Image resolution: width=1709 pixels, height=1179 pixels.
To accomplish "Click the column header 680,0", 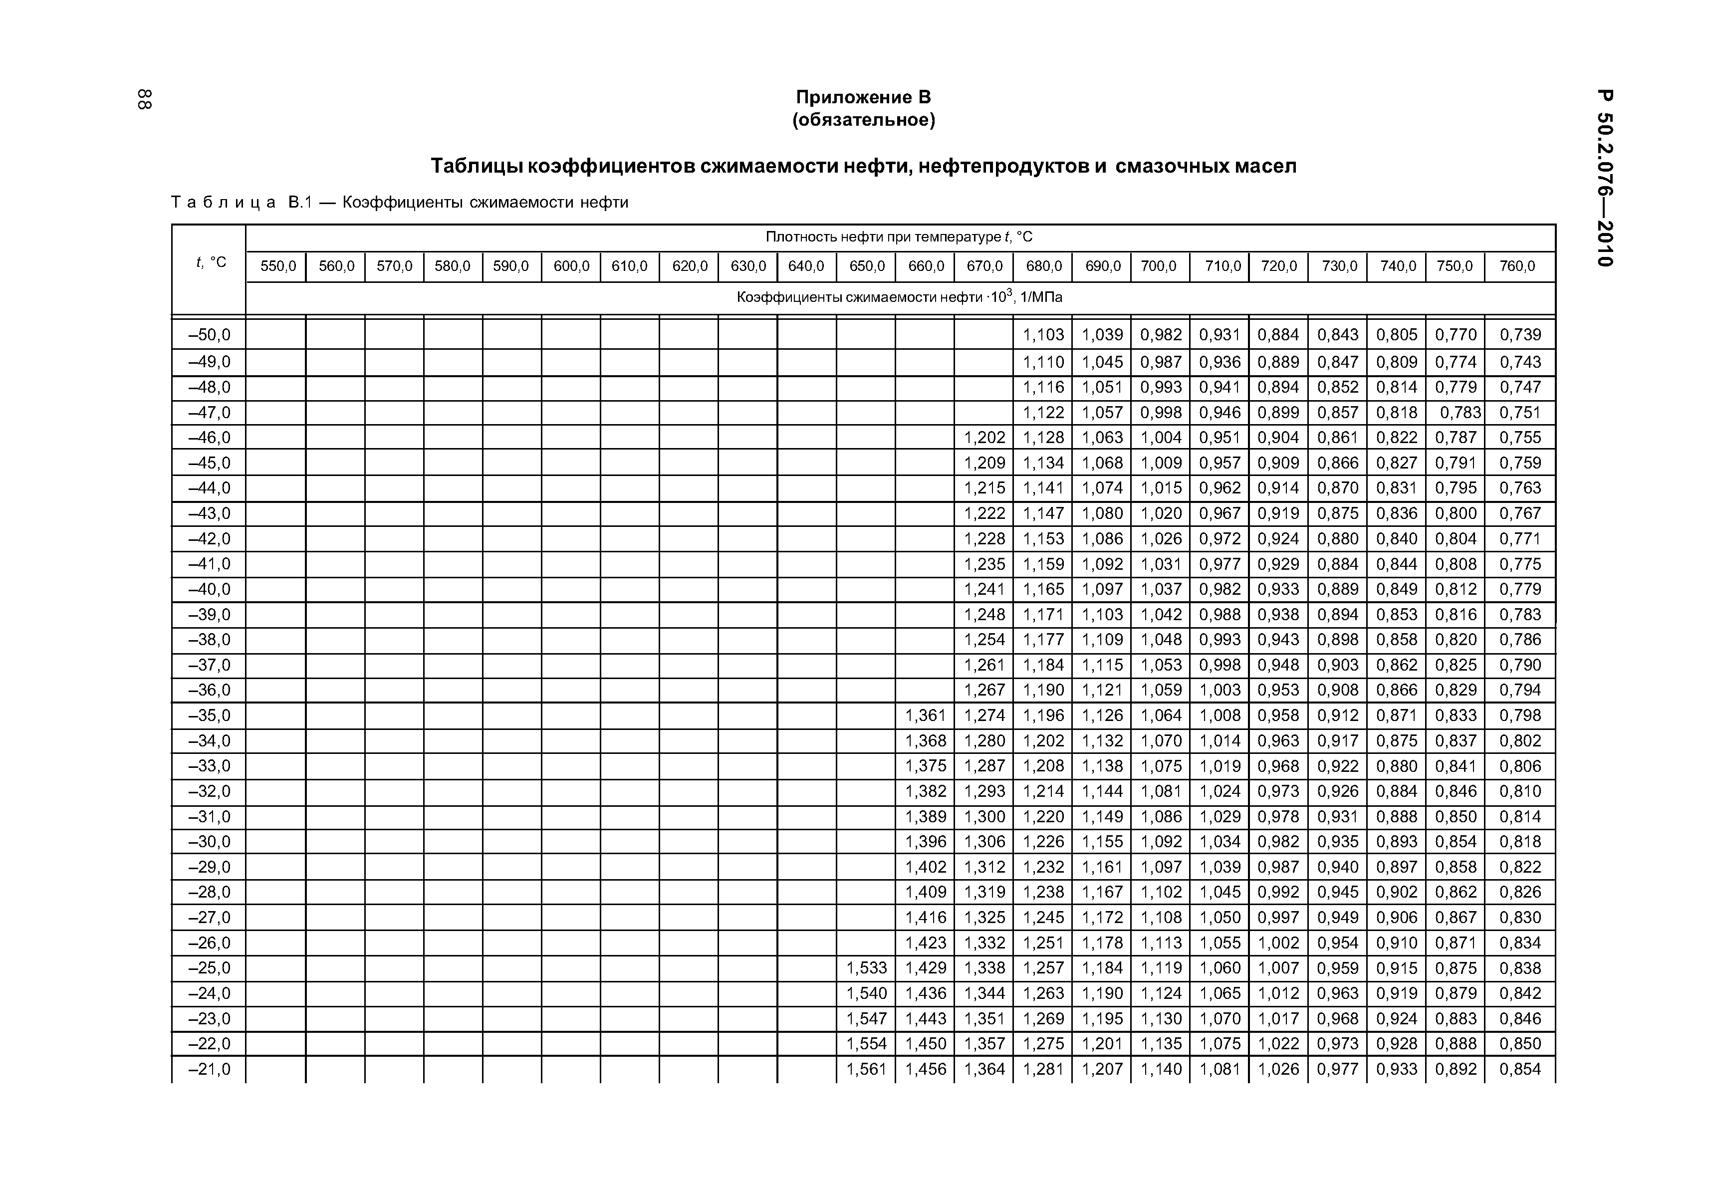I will (1043, 266).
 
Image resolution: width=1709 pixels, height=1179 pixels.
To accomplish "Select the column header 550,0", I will (278, 266).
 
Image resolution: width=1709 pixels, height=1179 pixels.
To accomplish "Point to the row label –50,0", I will (210, 335).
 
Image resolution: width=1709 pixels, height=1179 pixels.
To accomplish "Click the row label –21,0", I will (210, 1069).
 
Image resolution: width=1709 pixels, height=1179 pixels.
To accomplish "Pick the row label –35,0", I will (210, 715).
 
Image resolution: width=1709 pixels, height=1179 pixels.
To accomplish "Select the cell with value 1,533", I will (866, 968).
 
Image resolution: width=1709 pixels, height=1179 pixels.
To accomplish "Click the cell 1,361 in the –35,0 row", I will (926, 715).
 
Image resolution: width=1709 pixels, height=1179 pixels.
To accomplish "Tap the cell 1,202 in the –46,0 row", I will (984, 438).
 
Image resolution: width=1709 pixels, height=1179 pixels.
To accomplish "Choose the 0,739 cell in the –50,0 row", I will (1520, 335).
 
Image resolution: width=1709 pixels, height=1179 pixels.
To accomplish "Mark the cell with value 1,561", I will (866, 1069).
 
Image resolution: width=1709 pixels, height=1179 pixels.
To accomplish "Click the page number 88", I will (145, 100).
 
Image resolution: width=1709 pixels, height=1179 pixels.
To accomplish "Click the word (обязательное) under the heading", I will (863, 120).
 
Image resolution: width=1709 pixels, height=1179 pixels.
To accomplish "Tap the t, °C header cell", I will (211, 262).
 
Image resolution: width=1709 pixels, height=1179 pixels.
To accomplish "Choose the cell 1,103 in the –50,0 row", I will (1043, 335).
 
